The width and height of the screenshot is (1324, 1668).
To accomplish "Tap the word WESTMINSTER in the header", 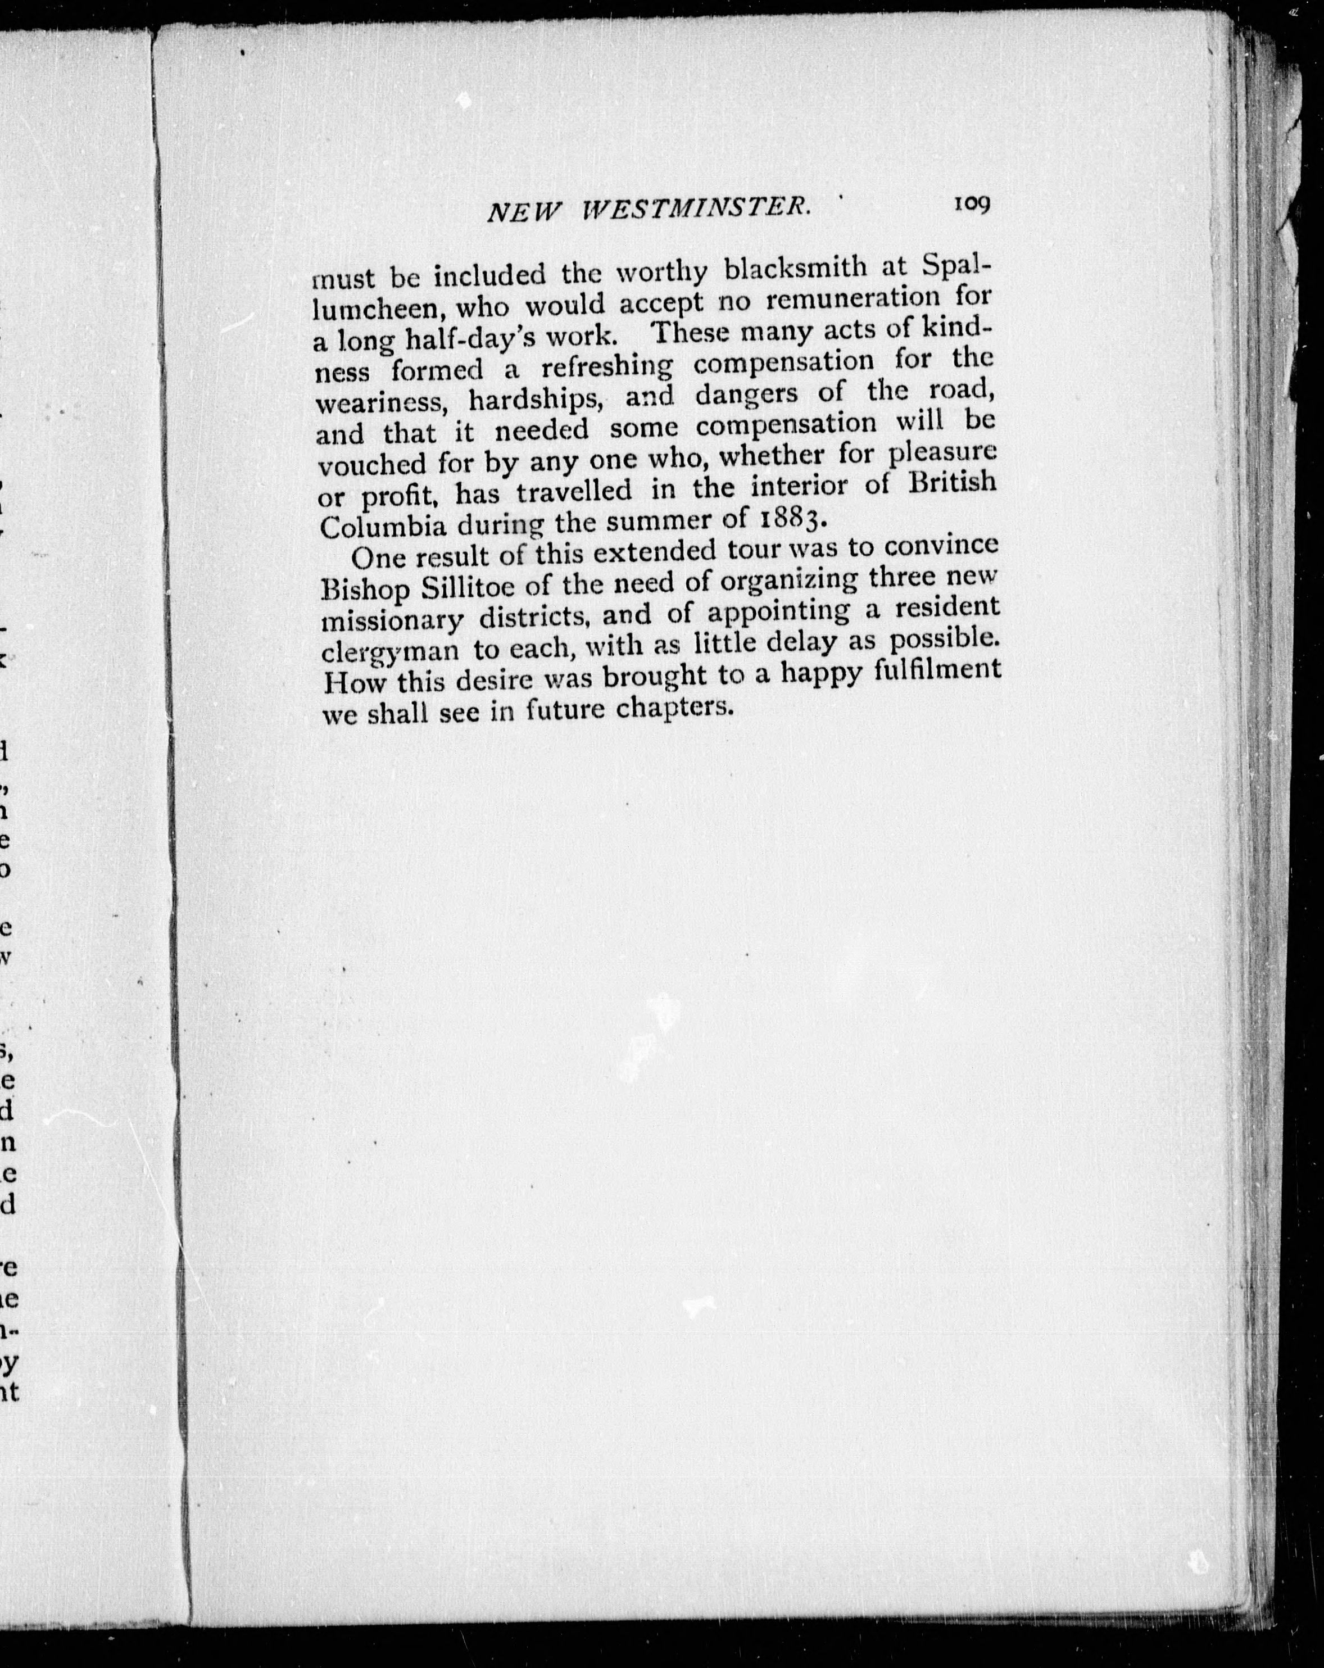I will pos(696,209).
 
